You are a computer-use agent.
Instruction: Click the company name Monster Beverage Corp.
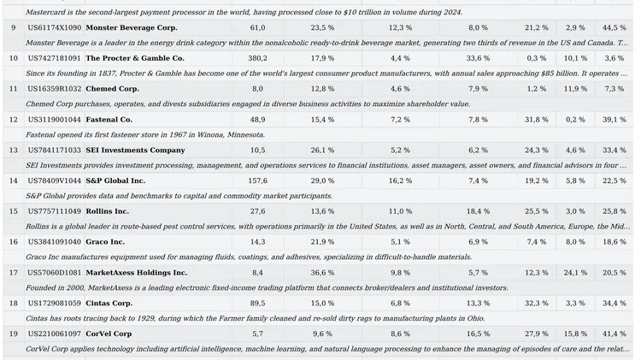click(x=132, y=28)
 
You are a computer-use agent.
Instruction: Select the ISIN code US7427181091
click(x=55, y=58)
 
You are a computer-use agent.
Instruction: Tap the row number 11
click(x=14, y=89)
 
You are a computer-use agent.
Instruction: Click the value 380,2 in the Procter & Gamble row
click(x=257, y=58)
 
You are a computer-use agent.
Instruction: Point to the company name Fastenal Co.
click(x=109, y=120)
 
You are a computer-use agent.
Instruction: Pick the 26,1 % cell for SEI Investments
click(x=322, y=150)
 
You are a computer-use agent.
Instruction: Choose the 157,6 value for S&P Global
click(x=257, y=180)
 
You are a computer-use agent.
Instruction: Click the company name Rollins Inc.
click(x=107, y=211)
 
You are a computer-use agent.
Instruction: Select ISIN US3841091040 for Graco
click(x=55, y=242)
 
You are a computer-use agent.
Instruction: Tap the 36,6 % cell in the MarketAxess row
click(x=322, y=273)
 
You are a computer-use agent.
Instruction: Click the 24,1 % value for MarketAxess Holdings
click(x=575, y=273)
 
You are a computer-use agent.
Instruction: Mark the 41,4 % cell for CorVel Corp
click(x=614, y=333)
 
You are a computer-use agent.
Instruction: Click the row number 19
click(x=14, y=333)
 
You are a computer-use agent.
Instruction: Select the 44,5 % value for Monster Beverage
click(x=614, y=28)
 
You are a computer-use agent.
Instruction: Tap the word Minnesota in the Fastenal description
click(x=246, y=134)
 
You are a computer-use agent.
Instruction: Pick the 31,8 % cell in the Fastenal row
click(x=537, y=120)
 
